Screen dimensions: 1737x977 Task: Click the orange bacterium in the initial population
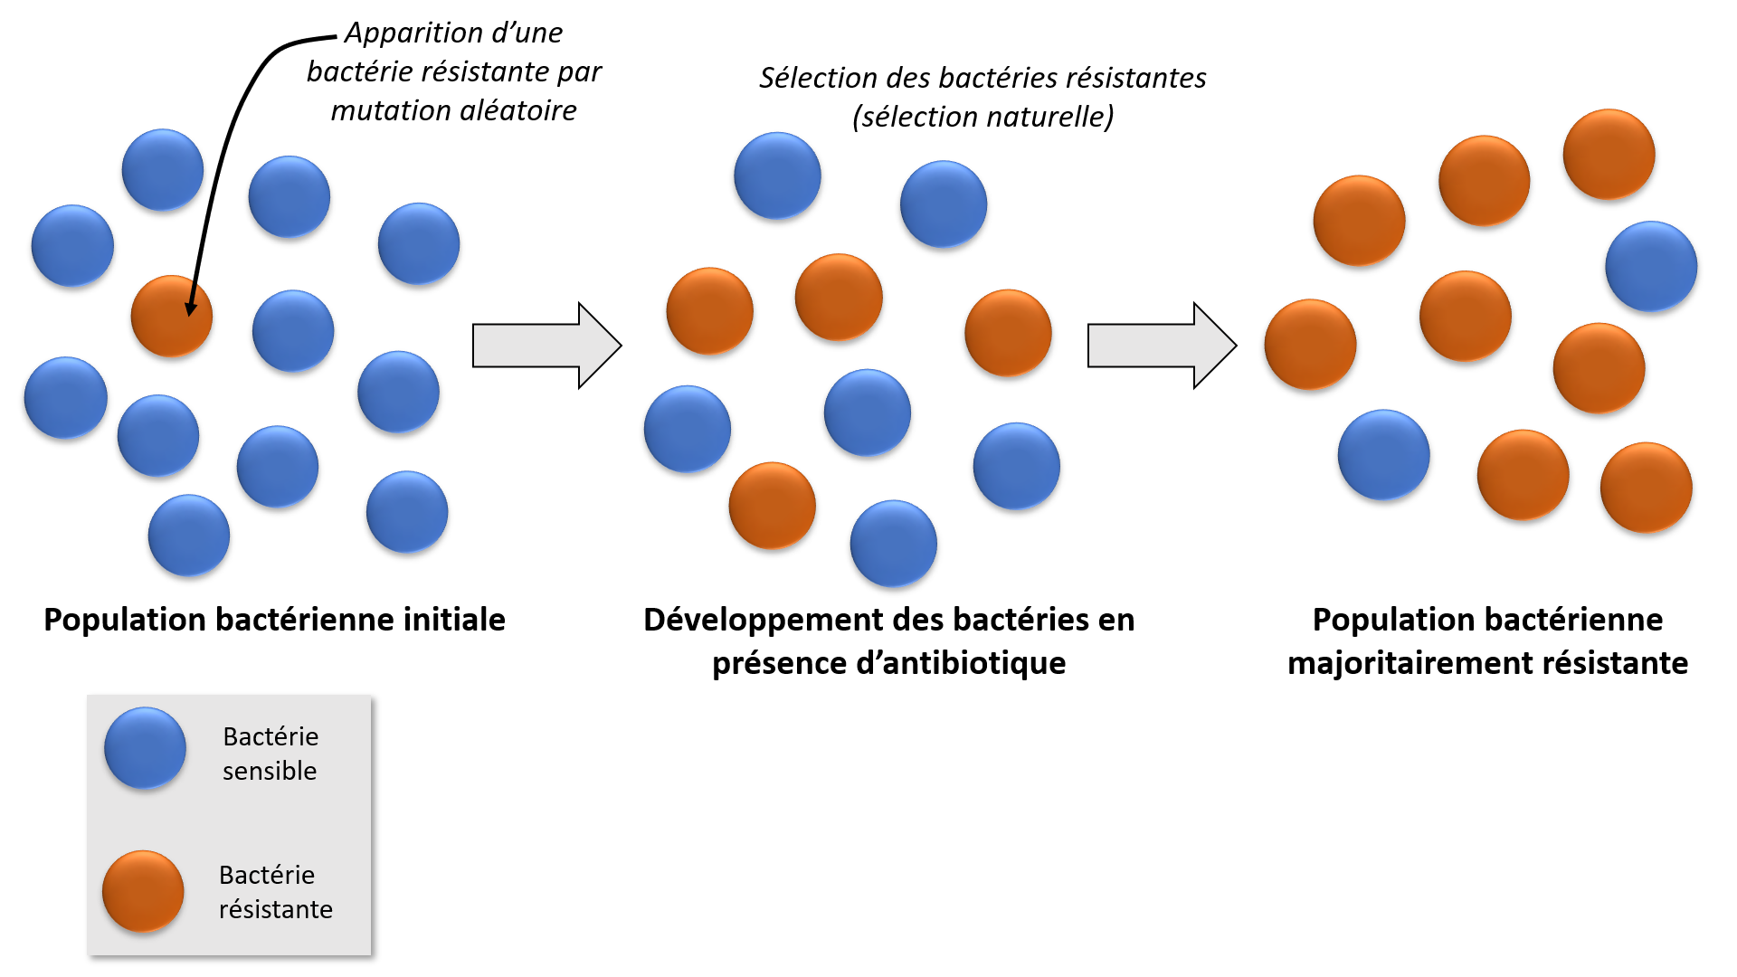coord(172,317)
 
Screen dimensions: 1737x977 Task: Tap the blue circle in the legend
coord(145,748)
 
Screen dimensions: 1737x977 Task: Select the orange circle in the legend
coord(143,892)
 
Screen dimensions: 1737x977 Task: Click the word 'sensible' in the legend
coord(270,771)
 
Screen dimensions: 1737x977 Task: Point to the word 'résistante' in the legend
coord(276,909)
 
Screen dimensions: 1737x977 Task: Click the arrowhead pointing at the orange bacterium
coord(191,309)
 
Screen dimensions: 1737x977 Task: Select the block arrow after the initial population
coord(547,346)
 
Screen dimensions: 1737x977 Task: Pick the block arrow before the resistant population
coord(1163,346)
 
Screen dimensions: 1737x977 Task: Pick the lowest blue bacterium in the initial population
coord(189,536)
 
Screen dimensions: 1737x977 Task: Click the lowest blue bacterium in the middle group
coord(894,544)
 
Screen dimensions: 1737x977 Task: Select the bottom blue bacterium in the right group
coord(1384,455)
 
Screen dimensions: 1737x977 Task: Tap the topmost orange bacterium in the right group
coord(1609,155)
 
